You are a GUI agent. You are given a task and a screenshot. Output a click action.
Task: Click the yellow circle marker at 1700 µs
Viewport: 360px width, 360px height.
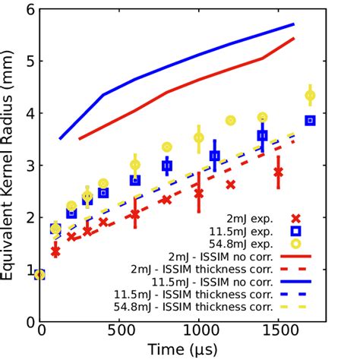pos(310,95)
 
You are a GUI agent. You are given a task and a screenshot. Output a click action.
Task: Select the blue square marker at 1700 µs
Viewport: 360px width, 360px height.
pos(310,120)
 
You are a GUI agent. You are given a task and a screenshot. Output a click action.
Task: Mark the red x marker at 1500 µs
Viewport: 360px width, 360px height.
pos(278,172)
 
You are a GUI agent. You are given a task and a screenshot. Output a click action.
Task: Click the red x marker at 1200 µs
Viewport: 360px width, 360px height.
pos(231,185)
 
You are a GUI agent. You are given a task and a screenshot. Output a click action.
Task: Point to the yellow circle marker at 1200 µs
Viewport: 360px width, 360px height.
pos(231,120)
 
